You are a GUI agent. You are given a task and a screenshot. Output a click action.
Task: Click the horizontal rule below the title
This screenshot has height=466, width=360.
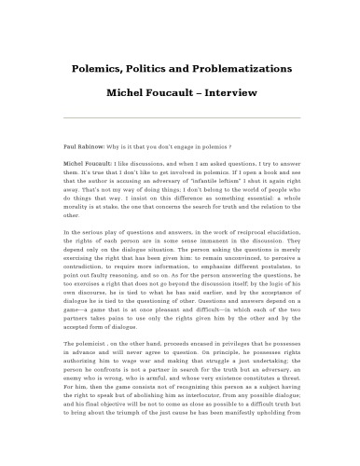(x=180, y=118)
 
